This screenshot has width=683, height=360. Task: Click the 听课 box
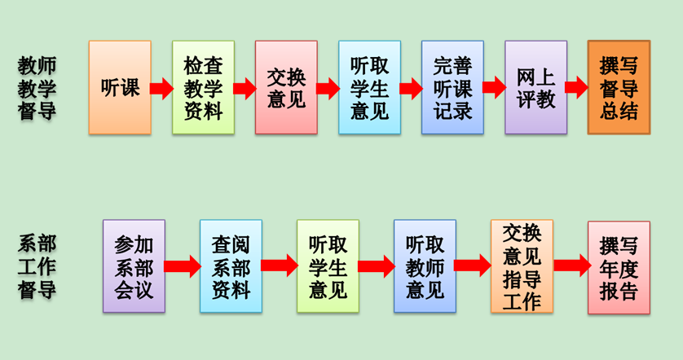pos(120,87)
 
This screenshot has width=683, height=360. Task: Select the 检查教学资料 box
pos(203,87)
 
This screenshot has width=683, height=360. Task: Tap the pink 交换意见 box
pos(286,87)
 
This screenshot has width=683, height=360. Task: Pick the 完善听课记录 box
pos(452,87)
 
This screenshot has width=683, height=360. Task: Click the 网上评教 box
pos(535,87)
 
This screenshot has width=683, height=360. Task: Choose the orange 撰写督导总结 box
pos(619,87)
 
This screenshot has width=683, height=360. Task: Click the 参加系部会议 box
pos(134,266)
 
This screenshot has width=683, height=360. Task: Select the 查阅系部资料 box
pos(231,266)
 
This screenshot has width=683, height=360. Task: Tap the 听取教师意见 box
pos(425,266)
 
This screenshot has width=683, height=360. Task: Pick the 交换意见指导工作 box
pos(522,266)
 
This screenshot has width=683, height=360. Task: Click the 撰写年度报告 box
pos(619,266)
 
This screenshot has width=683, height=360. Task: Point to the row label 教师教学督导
pos(37,88)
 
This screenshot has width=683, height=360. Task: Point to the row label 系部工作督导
pos(37,266)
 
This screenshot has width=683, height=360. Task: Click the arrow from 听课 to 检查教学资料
pos(161,88)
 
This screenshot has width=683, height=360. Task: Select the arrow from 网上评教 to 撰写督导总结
pos(576,88)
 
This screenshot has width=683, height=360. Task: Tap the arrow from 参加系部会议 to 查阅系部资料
pos(182,266)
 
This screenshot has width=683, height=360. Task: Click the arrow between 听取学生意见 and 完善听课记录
pos(411,88)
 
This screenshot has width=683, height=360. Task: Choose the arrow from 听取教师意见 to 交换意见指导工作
pos(473,266)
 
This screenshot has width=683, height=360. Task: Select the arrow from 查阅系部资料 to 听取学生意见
pos(279,266)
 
